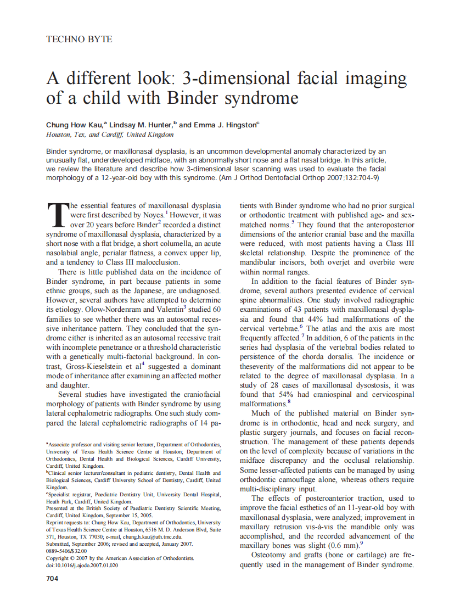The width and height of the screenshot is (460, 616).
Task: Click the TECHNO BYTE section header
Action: coord(79,40)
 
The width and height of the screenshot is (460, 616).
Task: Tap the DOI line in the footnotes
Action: coord(82,565)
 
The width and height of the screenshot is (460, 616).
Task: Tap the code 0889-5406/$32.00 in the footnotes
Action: coord(66,551)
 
